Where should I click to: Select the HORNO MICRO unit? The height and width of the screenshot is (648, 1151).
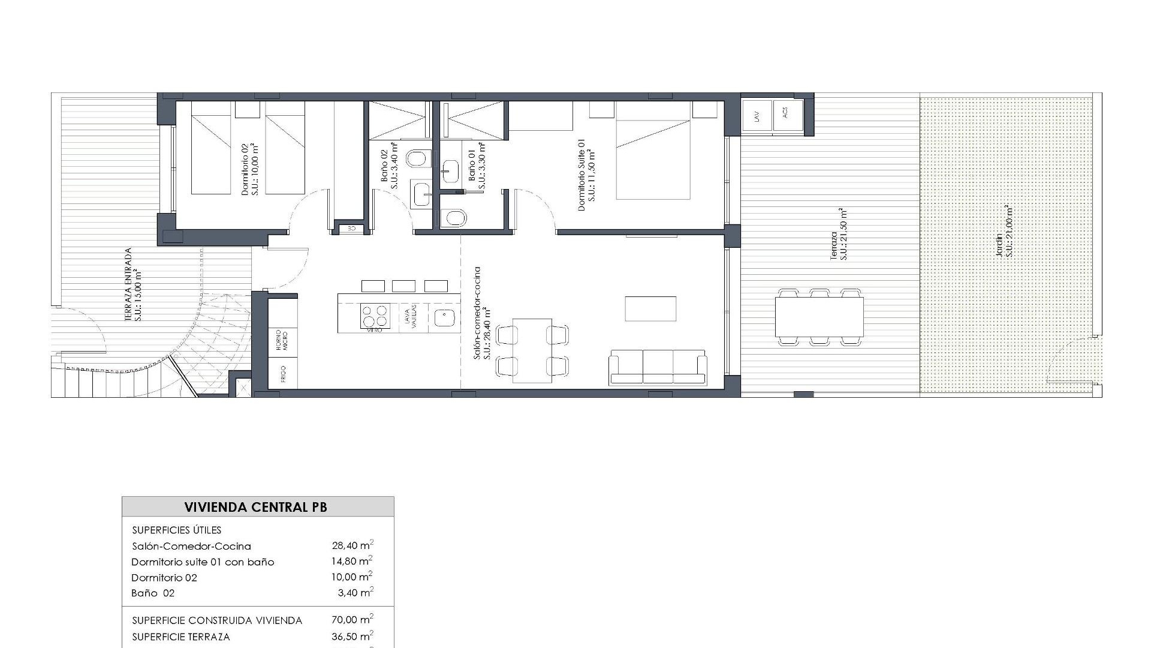point(282,340)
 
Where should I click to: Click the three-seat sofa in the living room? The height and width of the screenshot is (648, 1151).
point(658,367)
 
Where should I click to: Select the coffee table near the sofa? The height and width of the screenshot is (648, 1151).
point(650,308)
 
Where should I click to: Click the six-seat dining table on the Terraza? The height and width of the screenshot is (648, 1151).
point(819,317)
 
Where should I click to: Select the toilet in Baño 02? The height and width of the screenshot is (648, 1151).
point(418,158)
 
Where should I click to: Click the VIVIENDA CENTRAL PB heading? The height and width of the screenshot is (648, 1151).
point(256,507)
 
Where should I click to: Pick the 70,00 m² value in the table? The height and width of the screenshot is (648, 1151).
point(351,620)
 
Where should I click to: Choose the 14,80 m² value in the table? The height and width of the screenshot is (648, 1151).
point(351,562)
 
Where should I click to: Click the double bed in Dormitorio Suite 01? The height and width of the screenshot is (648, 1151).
point(653,158)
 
